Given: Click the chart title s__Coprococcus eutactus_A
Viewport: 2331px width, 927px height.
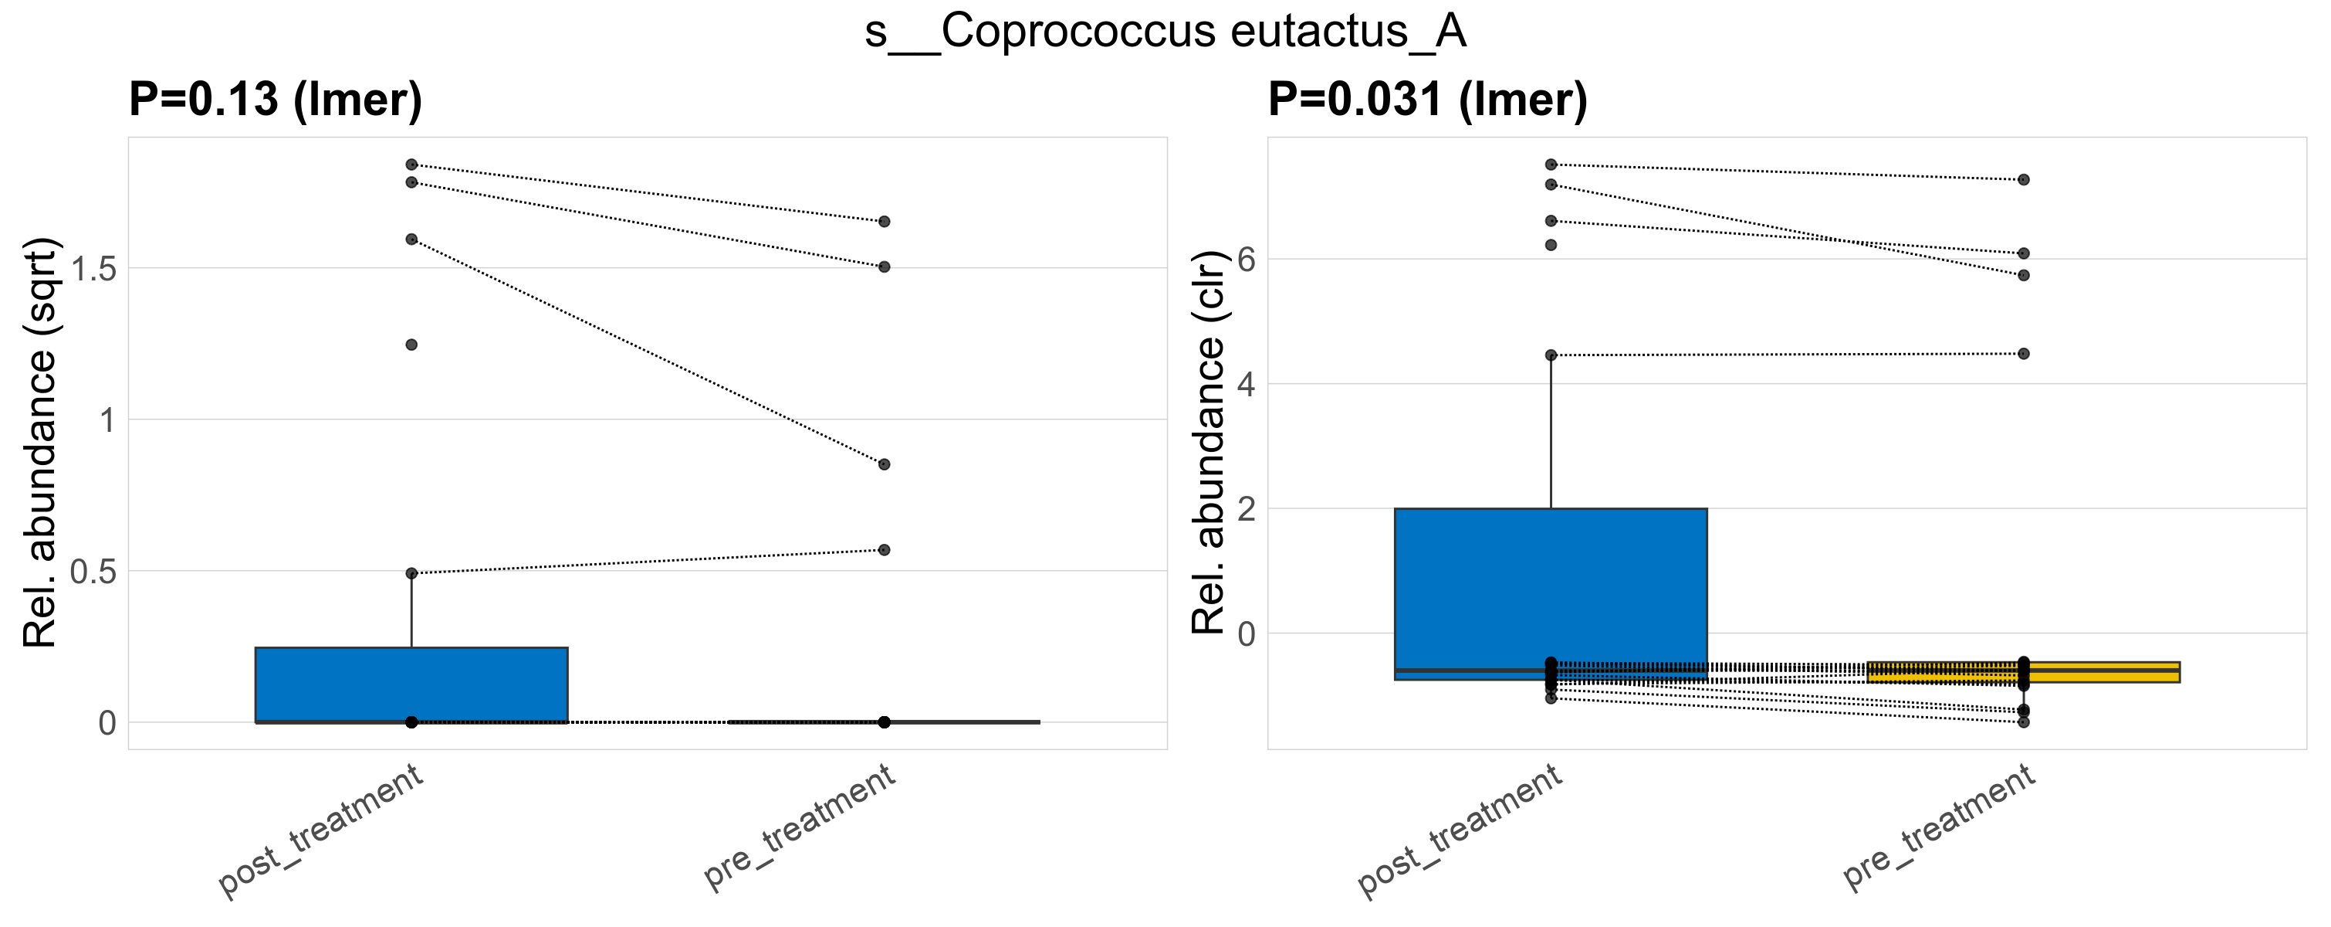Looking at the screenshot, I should (x=1165, y=32).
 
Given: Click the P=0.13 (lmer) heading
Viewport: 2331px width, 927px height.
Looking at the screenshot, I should (x=275, y=100).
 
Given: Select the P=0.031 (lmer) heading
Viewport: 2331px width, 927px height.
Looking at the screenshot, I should (x=1427, y=100).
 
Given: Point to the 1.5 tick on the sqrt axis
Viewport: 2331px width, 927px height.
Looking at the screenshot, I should (x=94, y=269).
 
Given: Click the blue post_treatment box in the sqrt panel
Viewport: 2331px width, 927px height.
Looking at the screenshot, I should (x=411, y=684).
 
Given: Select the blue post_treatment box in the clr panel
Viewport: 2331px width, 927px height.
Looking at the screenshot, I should (x=1550, y=589).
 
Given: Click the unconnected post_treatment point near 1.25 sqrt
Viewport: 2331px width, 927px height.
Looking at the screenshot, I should (x=411, y=345).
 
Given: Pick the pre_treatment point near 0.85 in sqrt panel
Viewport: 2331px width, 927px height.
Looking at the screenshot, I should (x=884, y=464).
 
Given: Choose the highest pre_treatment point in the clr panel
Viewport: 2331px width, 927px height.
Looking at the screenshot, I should (x=2023, y=180).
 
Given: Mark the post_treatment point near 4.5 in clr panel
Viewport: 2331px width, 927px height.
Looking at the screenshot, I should (x=1551, y=355).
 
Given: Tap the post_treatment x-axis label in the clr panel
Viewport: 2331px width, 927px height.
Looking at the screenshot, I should (x=1460, y=831).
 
